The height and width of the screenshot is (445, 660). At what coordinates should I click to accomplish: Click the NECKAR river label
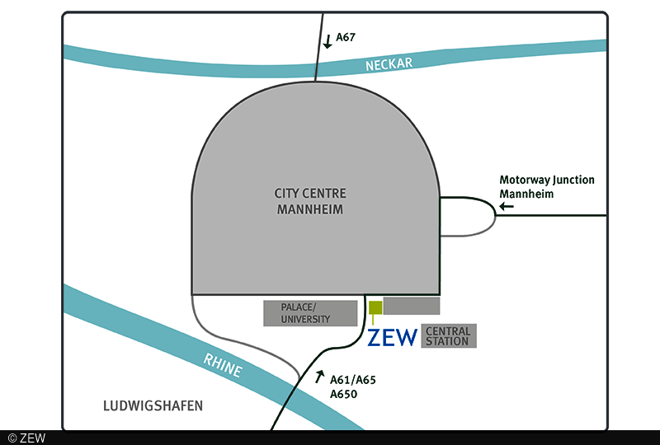point(389,63)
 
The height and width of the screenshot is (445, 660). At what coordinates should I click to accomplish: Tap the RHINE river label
point(224,364)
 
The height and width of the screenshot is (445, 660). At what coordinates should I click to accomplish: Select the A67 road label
point(346,37)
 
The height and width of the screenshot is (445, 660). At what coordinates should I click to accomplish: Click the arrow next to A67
point(328,40)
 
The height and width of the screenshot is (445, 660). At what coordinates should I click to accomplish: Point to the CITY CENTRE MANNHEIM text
point(310,201)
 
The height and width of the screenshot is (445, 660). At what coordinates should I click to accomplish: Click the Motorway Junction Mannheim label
point(547,186)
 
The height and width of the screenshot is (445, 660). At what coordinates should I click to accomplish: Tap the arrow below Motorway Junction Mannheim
point(507,206)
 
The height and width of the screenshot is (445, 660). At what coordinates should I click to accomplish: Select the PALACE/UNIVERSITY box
point(310,313)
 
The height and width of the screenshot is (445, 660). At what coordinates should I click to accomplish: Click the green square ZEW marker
point(375,308)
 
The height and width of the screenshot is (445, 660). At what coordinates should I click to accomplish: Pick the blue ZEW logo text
point(393,337)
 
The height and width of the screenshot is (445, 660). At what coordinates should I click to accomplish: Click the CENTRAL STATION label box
point(449,336)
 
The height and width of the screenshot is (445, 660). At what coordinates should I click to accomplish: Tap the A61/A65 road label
point(352,381)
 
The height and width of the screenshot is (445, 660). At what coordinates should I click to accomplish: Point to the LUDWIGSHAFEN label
point(153,406)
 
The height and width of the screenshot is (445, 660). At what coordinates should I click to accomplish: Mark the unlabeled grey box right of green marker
point(412,306)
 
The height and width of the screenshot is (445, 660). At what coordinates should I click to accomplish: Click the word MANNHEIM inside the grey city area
point(310,210)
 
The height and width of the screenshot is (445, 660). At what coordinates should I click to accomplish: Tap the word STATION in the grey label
point(449,341)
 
